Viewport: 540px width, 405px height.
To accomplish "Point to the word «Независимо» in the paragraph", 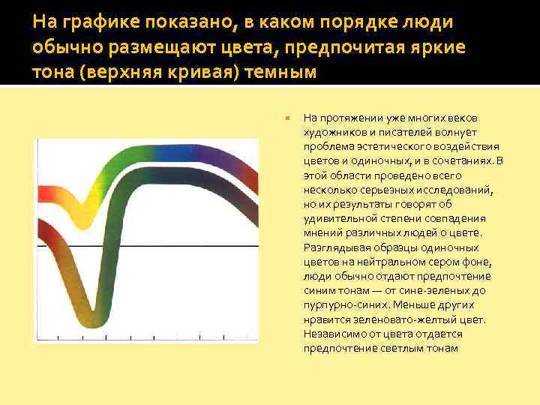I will tap(333, 334).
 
